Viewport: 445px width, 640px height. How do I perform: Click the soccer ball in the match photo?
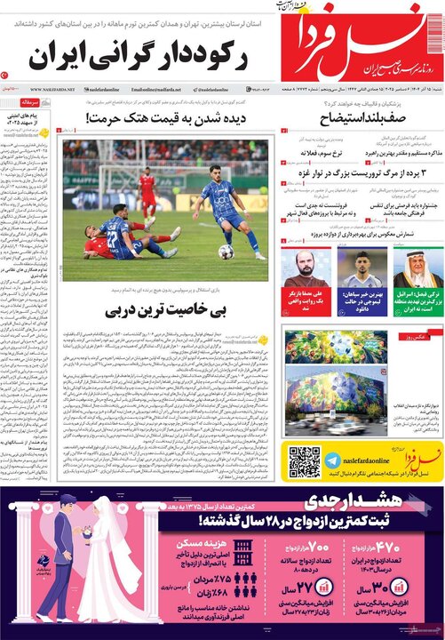click(x=226, y=252)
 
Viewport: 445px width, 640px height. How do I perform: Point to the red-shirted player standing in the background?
click(x=147, y=192)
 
